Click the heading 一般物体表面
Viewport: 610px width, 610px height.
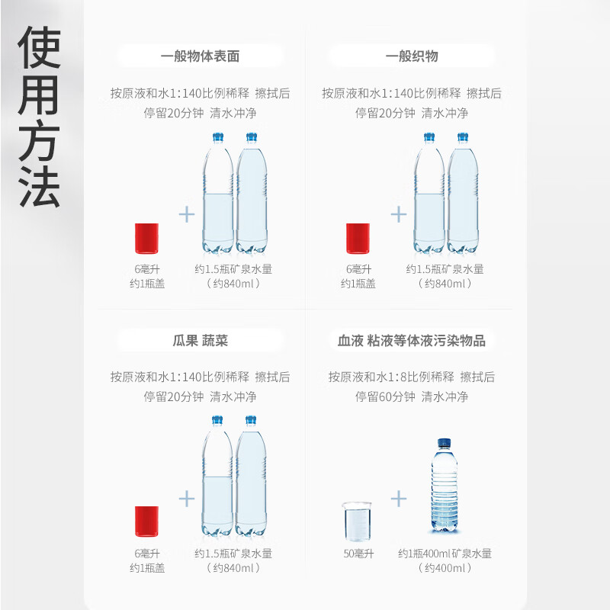tap(200, 56)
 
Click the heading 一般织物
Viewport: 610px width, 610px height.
tap(412, 56)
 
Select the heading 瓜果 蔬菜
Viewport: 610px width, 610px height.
tap(200, 341)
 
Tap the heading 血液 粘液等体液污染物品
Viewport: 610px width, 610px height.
tap(412, 341)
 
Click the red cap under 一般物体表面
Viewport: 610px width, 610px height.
tap(146, 239)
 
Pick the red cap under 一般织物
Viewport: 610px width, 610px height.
tap(358, 239)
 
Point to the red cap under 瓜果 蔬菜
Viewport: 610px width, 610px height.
tap(146, 522)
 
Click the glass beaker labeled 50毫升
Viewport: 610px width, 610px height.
tap(357, 522)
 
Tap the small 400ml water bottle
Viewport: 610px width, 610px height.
tap(445, 485)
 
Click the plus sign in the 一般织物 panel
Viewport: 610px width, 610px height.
tap(398, 214)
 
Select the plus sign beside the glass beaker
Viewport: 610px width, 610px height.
tap(398, 499)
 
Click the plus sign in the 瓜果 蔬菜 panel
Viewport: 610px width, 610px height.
tap(187, 499)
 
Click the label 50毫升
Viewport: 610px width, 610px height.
tap(358, 554)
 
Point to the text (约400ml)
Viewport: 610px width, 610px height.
tap(445, 568)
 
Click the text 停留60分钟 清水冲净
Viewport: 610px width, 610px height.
tap(412, 396)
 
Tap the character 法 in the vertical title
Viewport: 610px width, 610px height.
tap(39, 186)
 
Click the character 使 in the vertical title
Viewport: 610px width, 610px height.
tap(39, 47)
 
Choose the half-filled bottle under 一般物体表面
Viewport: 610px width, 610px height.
tap(218, 194)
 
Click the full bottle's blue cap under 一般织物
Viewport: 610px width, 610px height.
tap(463, 137)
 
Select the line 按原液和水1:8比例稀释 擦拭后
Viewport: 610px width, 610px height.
tap(412, 377)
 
